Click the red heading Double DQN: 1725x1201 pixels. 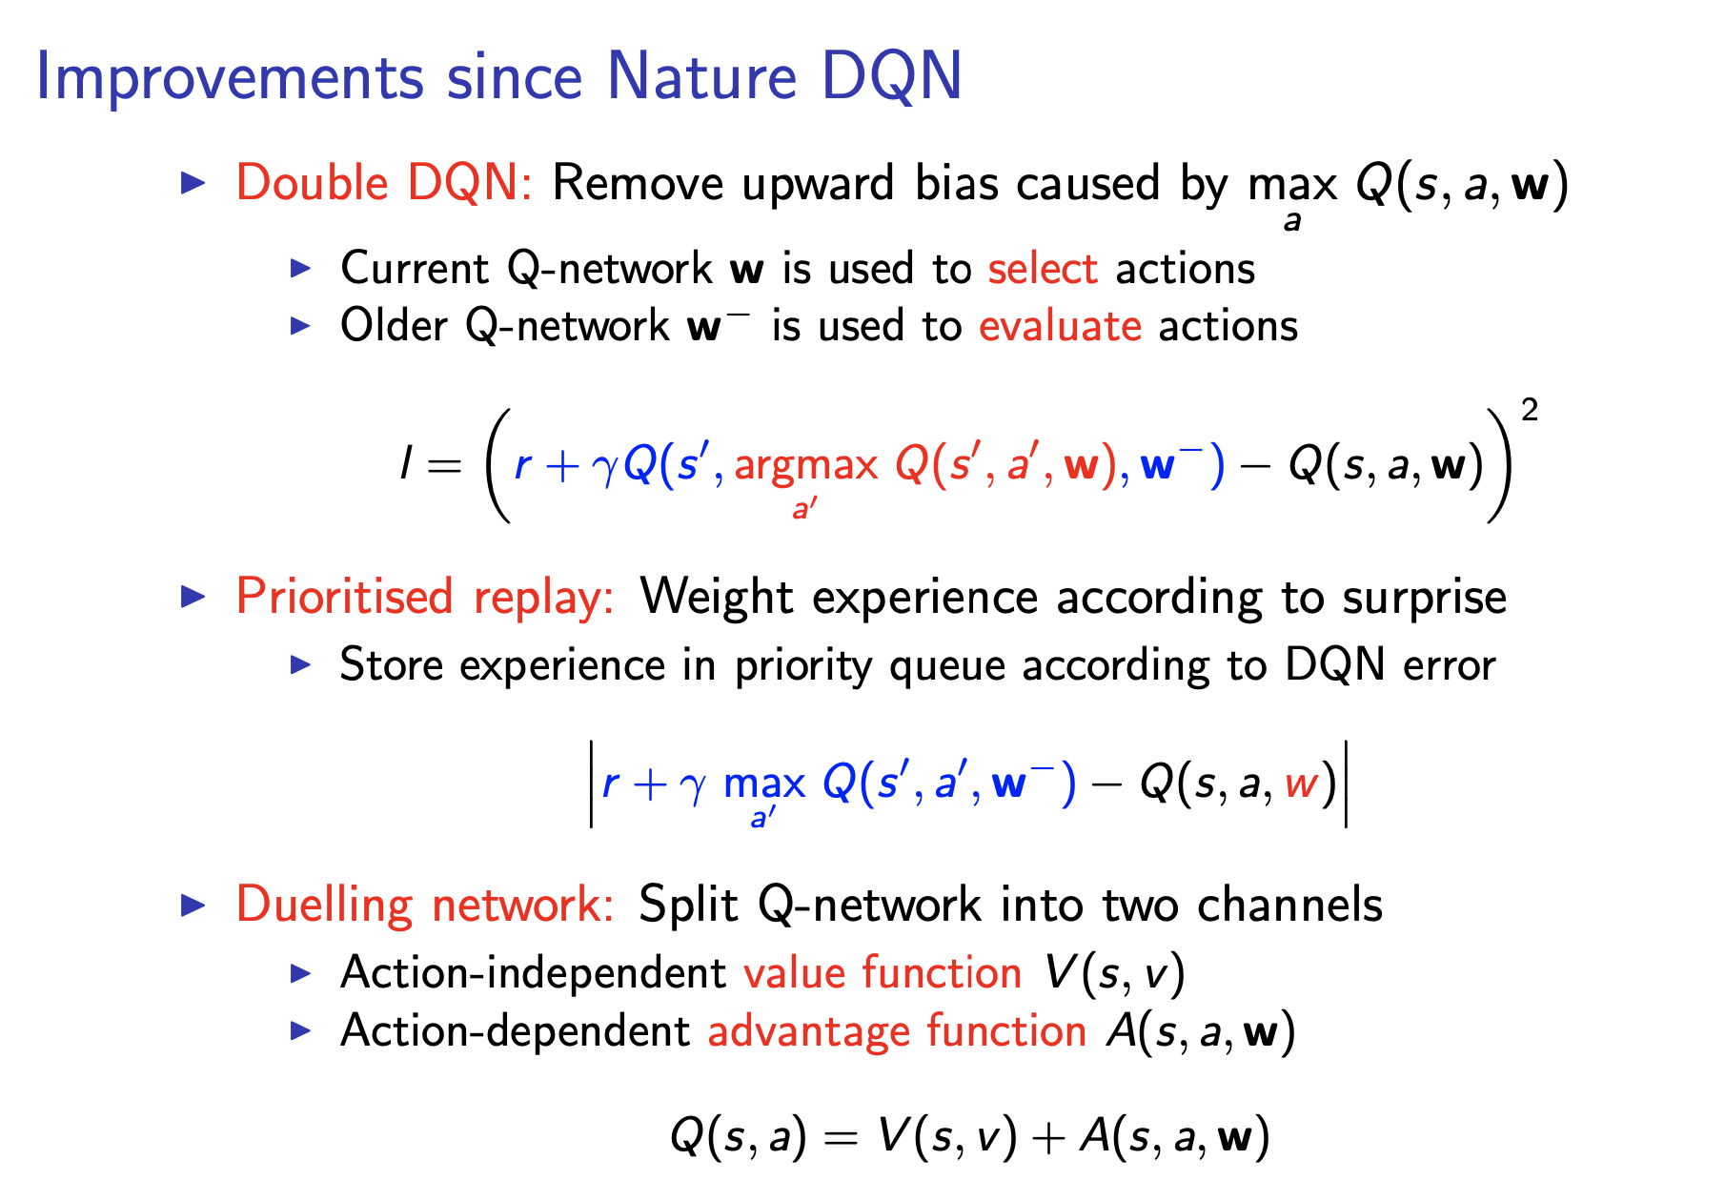[383, 183]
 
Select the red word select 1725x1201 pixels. [1043, 269]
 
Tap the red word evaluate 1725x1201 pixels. [1060, 326]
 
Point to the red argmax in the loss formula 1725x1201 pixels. [805, 465]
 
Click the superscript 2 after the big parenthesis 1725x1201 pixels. [1530, 411]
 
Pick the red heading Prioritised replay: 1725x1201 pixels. [425, 598]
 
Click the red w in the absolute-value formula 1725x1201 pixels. [1302, 784]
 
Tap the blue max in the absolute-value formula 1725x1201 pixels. [764, 784]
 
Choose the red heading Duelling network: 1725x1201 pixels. [425, 905]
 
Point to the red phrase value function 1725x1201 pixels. [883, 973]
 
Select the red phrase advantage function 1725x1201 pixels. [897, 1031]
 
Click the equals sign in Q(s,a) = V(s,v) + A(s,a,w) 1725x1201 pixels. [842, 1137]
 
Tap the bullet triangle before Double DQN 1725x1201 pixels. [193, 183]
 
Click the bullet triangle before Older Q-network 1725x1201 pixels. [301, 326]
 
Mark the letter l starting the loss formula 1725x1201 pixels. [406, 465]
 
